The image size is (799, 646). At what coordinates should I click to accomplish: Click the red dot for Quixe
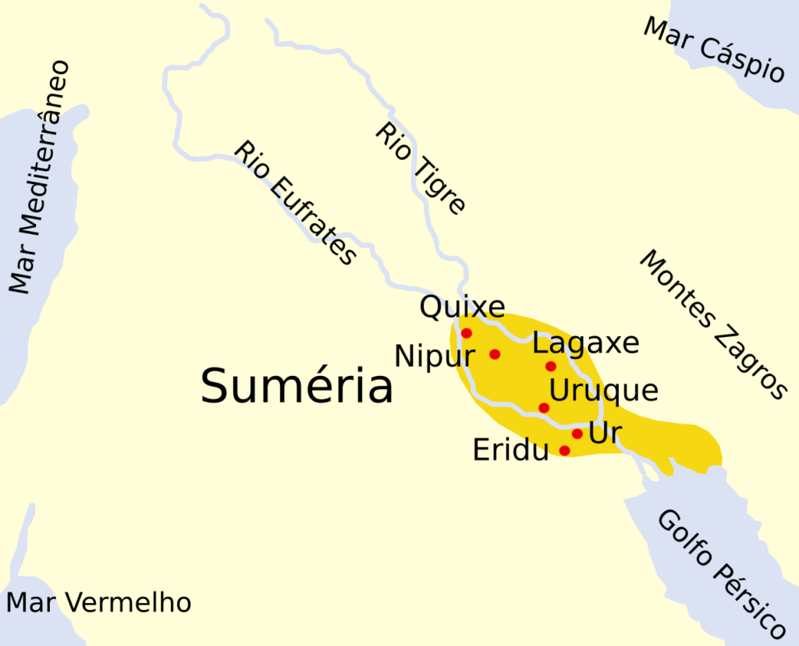(x=467, y=333)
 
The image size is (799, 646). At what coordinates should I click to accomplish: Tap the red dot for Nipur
(x=495, y=354)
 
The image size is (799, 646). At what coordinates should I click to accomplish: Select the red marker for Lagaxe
(x=551, y=366)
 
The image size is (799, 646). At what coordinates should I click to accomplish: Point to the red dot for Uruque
(x=544, y=407)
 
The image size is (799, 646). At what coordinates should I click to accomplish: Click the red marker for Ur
(x=577, y=434)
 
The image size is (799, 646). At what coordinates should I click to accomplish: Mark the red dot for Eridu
(x=565, y=450)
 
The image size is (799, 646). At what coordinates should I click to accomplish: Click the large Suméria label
(x=297, y=386)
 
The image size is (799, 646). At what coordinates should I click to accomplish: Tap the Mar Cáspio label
(x=713, y=48)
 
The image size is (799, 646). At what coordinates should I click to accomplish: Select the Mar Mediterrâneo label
(x=39, y=178)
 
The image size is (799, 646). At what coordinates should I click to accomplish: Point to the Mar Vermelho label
(x=98, y=602)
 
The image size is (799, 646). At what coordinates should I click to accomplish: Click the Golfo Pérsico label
(x=719, y=574)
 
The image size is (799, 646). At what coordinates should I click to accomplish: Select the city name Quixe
(x=462, y=307)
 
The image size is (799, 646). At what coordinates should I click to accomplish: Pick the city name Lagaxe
(x=585, y=344)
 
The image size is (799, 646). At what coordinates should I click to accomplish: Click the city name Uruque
(x=603, y=390)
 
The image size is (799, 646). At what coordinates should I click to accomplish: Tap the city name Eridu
(x=511, y=450)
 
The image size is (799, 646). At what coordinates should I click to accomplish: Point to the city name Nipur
(x=435, y=357)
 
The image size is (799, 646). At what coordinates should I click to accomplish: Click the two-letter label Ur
(x=605, y=433)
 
